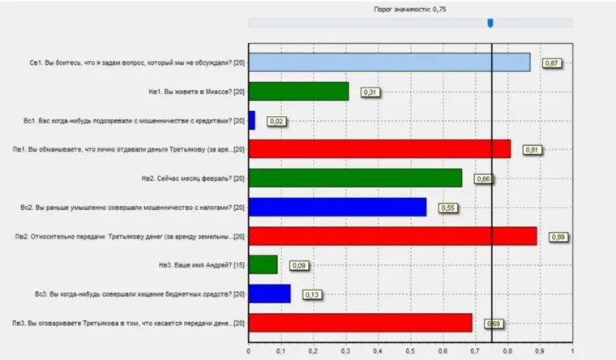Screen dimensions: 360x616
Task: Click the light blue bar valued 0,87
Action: (389, 62)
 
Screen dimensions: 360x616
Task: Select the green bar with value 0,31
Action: (298, 92)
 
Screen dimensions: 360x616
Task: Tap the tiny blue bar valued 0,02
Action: (251, 120)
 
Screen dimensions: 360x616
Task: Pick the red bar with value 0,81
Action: (379, 149)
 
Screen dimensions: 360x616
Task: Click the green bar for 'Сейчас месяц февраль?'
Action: (355, 178)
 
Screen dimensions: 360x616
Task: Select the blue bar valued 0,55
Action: (337, 207)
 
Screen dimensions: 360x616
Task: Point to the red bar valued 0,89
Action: (392, 236)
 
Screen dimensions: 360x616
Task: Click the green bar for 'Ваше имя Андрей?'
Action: (263, 264)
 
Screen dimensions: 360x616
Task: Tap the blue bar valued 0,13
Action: (269, 294)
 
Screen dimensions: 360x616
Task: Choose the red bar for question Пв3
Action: (360, 323)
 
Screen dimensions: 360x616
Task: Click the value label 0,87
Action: (553, 63)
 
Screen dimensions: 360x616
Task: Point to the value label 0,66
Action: (484, 178)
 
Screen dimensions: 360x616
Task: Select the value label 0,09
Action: (299, 265)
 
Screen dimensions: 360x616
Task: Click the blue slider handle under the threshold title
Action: (490, 23)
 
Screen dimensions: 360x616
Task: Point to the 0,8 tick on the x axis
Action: (507, 352)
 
